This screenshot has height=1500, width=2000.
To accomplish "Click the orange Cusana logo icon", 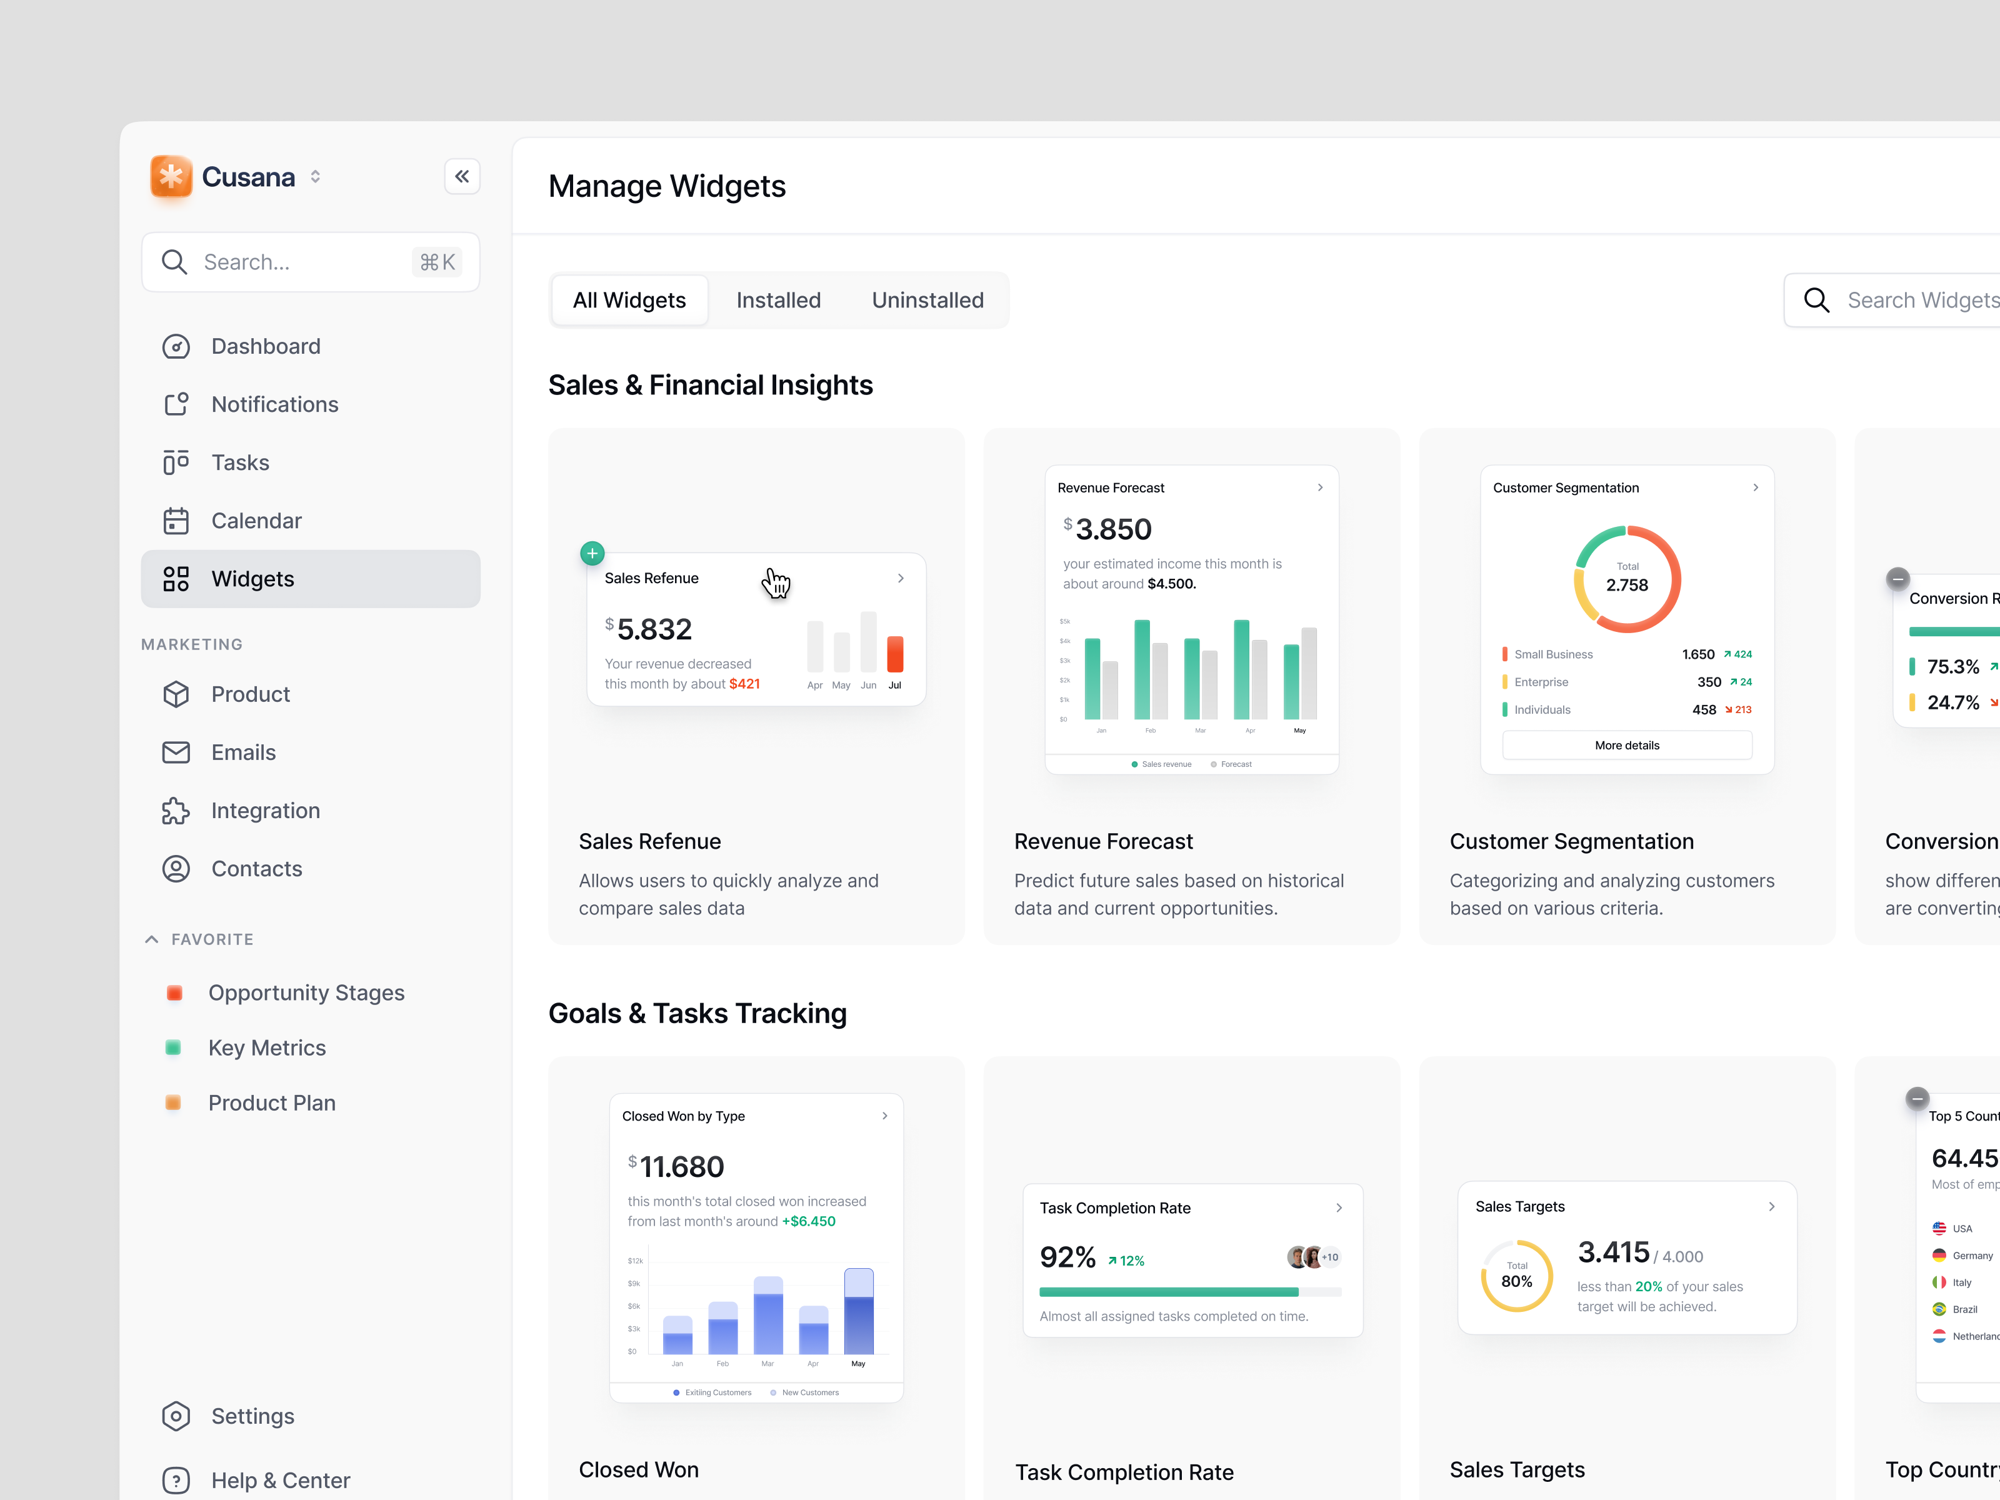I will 171,176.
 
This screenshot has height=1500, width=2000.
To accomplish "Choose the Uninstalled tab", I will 927,300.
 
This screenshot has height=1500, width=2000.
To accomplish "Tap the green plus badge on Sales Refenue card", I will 592,553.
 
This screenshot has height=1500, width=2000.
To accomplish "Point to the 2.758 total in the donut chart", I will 1627,585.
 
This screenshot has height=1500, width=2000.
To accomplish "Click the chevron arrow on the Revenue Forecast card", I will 1320,487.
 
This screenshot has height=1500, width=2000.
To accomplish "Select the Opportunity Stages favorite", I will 306,992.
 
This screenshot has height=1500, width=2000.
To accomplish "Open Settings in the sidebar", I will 252,1416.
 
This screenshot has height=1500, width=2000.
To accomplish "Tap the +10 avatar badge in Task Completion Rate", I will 1330,1257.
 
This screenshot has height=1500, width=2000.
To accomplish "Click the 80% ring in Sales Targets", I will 1516,1276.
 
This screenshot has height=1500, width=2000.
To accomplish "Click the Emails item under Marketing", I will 243,752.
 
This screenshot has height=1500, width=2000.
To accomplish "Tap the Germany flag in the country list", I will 1939,1256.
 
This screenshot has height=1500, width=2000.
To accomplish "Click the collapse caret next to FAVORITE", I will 152,939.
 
